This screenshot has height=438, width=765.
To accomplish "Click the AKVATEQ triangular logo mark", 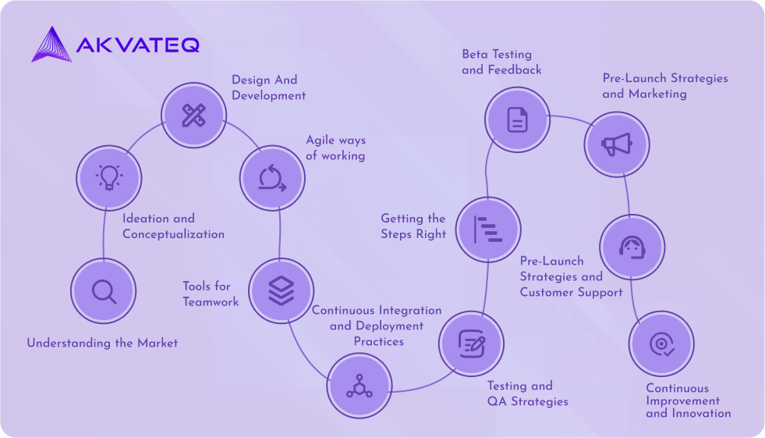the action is tap(51, 45).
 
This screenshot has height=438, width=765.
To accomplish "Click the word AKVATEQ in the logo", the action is tap(138, 45).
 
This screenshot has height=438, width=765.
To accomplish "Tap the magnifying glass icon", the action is tap(104, 292).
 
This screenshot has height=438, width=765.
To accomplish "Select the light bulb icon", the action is tap(109, 177).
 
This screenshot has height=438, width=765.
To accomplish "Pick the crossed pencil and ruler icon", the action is tap(193, 116).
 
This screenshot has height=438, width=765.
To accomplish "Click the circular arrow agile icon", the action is tap(272, 178).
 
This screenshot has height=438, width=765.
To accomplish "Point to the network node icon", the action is tap(359, 386).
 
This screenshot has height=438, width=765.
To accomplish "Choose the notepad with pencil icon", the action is tap(472, 344).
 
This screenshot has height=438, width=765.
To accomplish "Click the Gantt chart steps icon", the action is tap(488, 230).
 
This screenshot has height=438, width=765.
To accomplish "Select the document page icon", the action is tap(518, 119).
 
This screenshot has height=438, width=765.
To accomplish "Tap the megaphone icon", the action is tap(617, 144).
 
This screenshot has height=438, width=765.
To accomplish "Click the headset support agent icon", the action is tap(632, 247).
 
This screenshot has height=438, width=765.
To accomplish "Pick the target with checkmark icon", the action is tap(662, 344).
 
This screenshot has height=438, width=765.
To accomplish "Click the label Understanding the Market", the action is tap(102, 344).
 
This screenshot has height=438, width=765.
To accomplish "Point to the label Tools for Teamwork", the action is tap(211, 294).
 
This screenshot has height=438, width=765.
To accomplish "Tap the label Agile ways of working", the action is tap(335, 148).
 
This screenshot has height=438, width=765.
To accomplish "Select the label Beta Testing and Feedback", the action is tap(501, 62).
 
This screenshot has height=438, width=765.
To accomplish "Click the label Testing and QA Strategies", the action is tap(528, 393).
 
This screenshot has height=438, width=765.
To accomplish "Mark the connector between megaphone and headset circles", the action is tap(627, 196).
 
